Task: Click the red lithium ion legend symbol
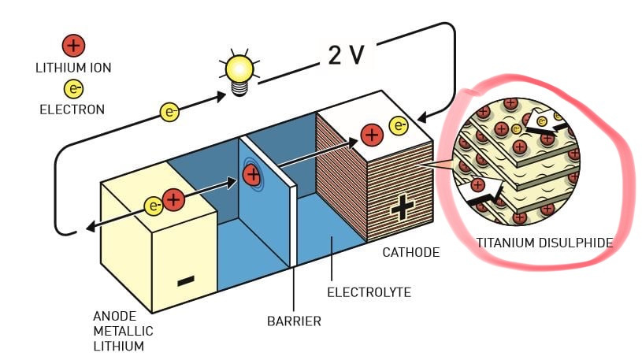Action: click(x=72, y=46)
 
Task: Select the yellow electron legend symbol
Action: click(x=72, y=89)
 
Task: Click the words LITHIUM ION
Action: click(x=72, y=68)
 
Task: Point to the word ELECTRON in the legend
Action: click(x=72, y=109)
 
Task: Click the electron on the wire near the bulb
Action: click(x=170, y=112)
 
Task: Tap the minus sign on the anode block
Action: click(x=186, y=280)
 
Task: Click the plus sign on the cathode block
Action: click(x=403, y=207)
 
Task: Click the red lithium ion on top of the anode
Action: click(x=174, y=200)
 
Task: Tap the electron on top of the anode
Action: click(x=154, y=206)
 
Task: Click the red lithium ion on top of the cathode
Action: click(x=371, y=135)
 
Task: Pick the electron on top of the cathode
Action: click(x=399, y=125)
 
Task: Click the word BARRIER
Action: click(x=294, y=321)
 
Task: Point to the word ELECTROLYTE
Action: click(x=369, y=293)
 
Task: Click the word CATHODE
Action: click(x=410, y=252)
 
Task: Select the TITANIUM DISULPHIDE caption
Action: click(x=544, y=243)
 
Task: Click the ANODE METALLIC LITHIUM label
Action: click(x=123, y=331)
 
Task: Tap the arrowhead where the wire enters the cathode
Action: click(x=421, y=119)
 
